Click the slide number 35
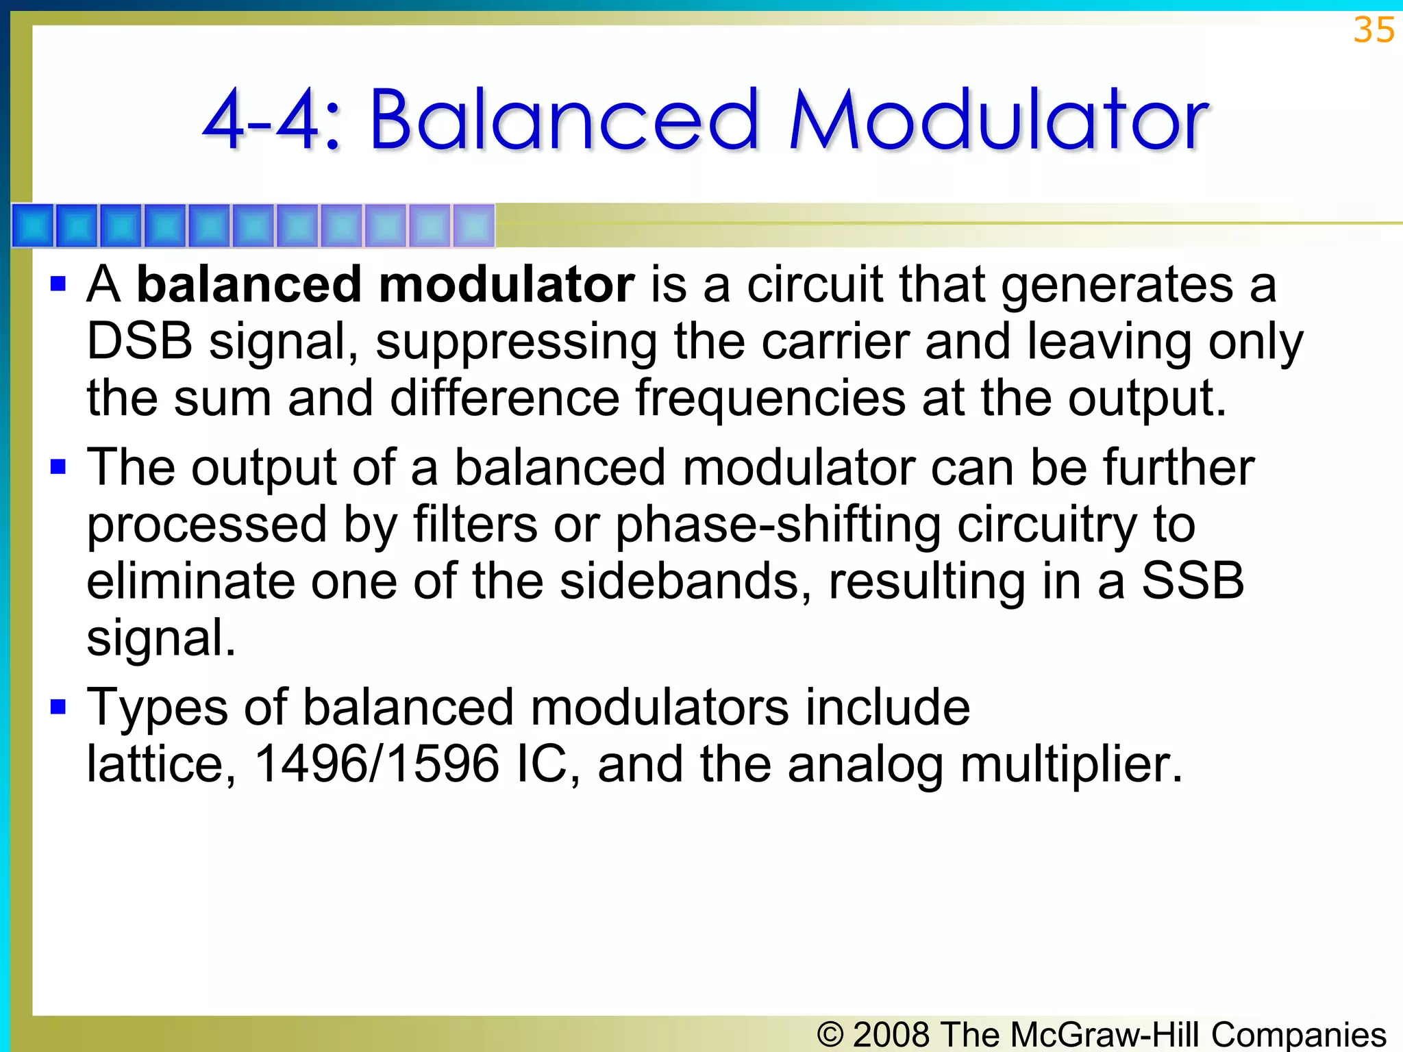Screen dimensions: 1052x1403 [1374, 30]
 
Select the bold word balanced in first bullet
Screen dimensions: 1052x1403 [249, 284]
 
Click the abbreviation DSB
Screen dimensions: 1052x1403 [139, 341]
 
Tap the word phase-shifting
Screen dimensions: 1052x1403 [778, 525]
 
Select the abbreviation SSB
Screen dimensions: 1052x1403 [1192, 581]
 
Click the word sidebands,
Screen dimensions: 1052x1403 [685, 581]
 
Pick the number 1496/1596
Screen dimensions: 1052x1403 [376, 764]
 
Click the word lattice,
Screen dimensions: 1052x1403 [162, 764]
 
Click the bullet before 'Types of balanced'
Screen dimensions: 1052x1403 [58, 707]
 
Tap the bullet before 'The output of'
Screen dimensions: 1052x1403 [58, 467]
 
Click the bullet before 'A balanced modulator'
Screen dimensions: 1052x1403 [58, 284]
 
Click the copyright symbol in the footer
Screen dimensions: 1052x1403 [830, 1034]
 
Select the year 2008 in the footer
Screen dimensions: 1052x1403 [891, 1034]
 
